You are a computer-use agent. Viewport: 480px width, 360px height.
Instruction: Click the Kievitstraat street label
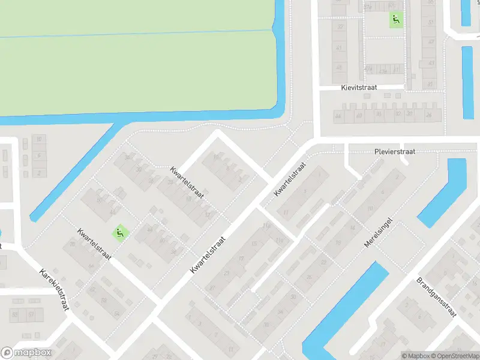[x=359, y=88]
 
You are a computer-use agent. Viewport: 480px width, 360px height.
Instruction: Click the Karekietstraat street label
[x=55, y=289]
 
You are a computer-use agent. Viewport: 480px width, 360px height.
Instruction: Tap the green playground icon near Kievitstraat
[x=395, y=20]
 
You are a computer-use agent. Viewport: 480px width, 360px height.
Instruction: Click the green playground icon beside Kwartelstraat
[x=120, y=232]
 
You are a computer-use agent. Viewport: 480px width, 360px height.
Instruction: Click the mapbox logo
[x=26, y=352]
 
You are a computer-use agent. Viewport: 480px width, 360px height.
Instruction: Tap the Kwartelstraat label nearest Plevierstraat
[x=290, y=178]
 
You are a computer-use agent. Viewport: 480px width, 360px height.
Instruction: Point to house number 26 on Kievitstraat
[x=428, y=114]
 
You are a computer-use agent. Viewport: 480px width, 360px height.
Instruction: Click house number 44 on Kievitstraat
[x=338, y=115]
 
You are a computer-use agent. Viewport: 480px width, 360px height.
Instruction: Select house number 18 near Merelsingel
[x=353, y=227]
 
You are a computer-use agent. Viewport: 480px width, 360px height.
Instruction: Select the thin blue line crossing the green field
[x=138, y=33]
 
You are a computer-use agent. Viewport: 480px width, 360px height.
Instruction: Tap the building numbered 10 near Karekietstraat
[x=40, y=140]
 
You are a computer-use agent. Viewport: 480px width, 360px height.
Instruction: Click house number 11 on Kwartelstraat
[x=286, y=212]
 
